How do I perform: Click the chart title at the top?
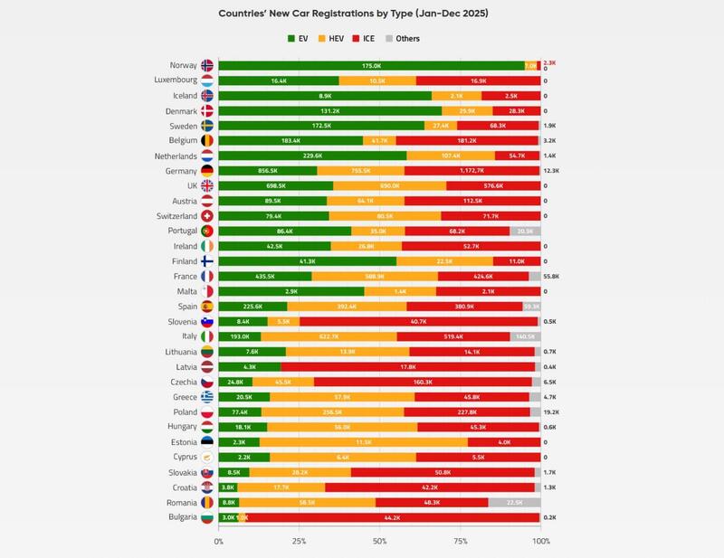(x=362, y=14)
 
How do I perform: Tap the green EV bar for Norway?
(x=371, y=66)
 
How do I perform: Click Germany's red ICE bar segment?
(x=472, y=171)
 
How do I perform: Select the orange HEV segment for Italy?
(x=329, y=336)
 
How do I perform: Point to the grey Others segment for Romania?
(x=514, y=502)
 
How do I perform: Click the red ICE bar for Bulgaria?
(x=393, y=517)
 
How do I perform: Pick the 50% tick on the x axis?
(x=380, y=542)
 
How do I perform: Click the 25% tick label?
(x=300, y=542)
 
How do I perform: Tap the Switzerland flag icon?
(x=206, y=216)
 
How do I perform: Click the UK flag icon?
(x=206, y=185)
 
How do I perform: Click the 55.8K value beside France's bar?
(x=550, y=276)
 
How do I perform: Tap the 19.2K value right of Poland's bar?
(x=550, y=411)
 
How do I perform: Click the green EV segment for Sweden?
(x=321, y=126)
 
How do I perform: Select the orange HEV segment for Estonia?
(x=364, y=441)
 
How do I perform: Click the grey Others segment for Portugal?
(x=525, y=231)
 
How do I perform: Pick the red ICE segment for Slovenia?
(x=418, y=321)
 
